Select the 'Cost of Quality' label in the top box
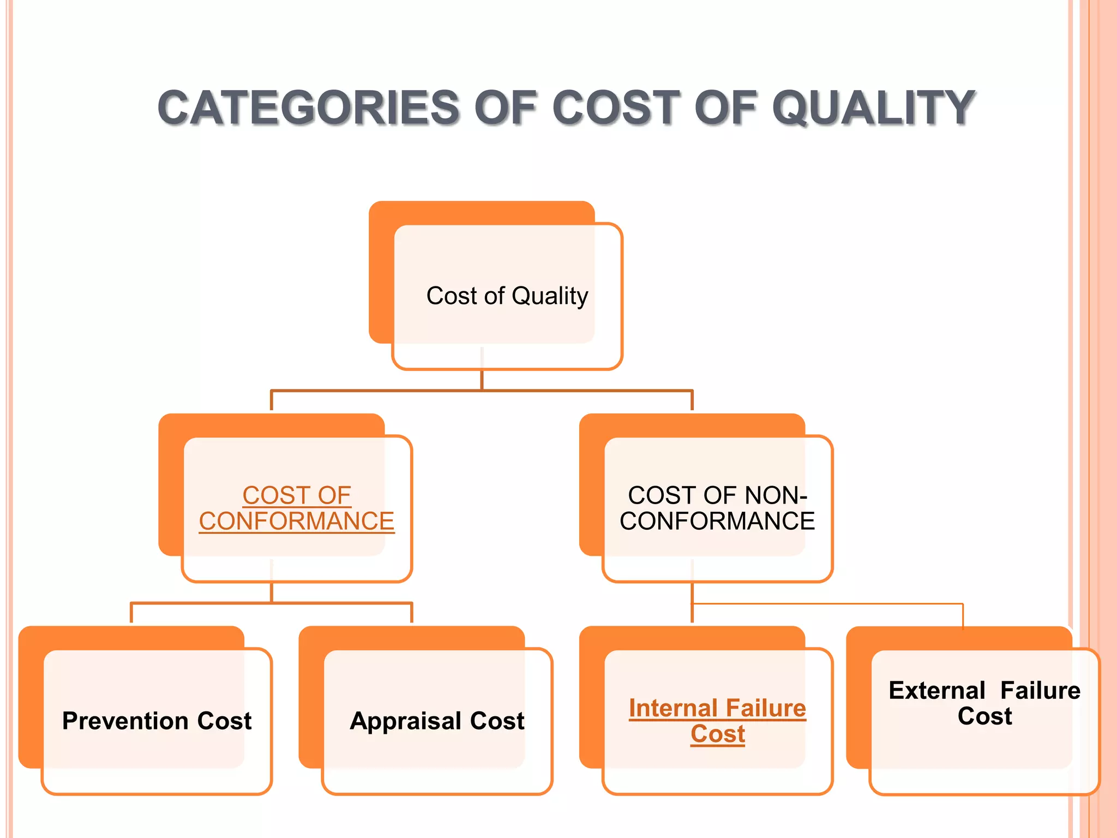507,296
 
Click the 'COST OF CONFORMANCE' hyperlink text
296,508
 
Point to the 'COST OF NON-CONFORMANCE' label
717,508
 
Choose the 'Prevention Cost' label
157,721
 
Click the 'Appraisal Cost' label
437,721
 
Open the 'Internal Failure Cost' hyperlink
717,721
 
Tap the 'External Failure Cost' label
984,703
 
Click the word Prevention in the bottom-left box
126,721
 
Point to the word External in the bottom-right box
936,691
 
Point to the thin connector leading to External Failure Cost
829,604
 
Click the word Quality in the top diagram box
550,296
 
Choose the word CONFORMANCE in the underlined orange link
296,521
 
